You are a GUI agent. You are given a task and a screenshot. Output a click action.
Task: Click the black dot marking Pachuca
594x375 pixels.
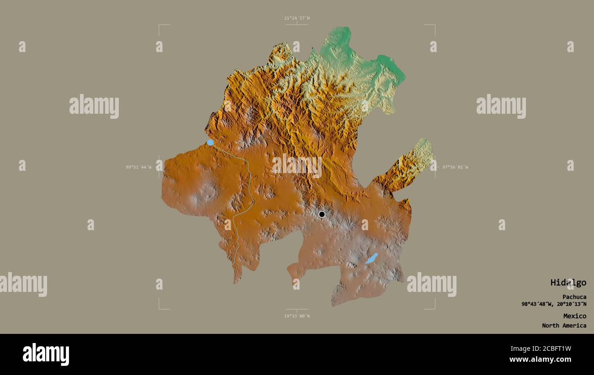click(322, 214)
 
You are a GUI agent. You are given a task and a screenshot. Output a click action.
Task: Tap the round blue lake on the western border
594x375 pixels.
click(210, 143)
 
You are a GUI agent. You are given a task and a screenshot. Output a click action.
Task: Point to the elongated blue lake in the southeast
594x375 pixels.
click(371, 259)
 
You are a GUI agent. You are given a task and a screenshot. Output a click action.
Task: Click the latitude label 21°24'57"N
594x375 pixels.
click(297, 18)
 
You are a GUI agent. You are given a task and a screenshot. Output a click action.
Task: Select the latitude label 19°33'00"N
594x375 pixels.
click(297, 316)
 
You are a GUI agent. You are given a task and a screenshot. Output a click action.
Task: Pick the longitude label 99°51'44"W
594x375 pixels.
click(138, 167)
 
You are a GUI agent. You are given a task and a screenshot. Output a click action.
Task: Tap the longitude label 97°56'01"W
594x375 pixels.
click(455, 167)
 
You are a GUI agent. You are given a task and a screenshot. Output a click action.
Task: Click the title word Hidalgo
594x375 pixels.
click(568, 283)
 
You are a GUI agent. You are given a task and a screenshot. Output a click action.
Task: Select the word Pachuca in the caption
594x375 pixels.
click(574, 297)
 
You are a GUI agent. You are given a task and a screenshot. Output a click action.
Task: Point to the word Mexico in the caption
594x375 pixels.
click(574, 316)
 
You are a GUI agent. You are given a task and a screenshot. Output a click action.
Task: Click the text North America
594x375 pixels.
click(564, 326)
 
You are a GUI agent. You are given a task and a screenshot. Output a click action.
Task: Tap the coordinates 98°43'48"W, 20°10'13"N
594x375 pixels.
click(554, 304)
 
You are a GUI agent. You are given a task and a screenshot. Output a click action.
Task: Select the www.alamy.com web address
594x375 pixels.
click(540, 360)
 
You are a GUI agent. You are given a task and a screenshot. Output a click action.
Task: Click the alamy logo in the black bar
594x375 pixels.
click(46, 354)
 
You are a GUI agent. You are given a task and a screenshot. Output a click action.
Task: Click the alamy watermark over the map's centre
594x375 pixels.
click(297, 165)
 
